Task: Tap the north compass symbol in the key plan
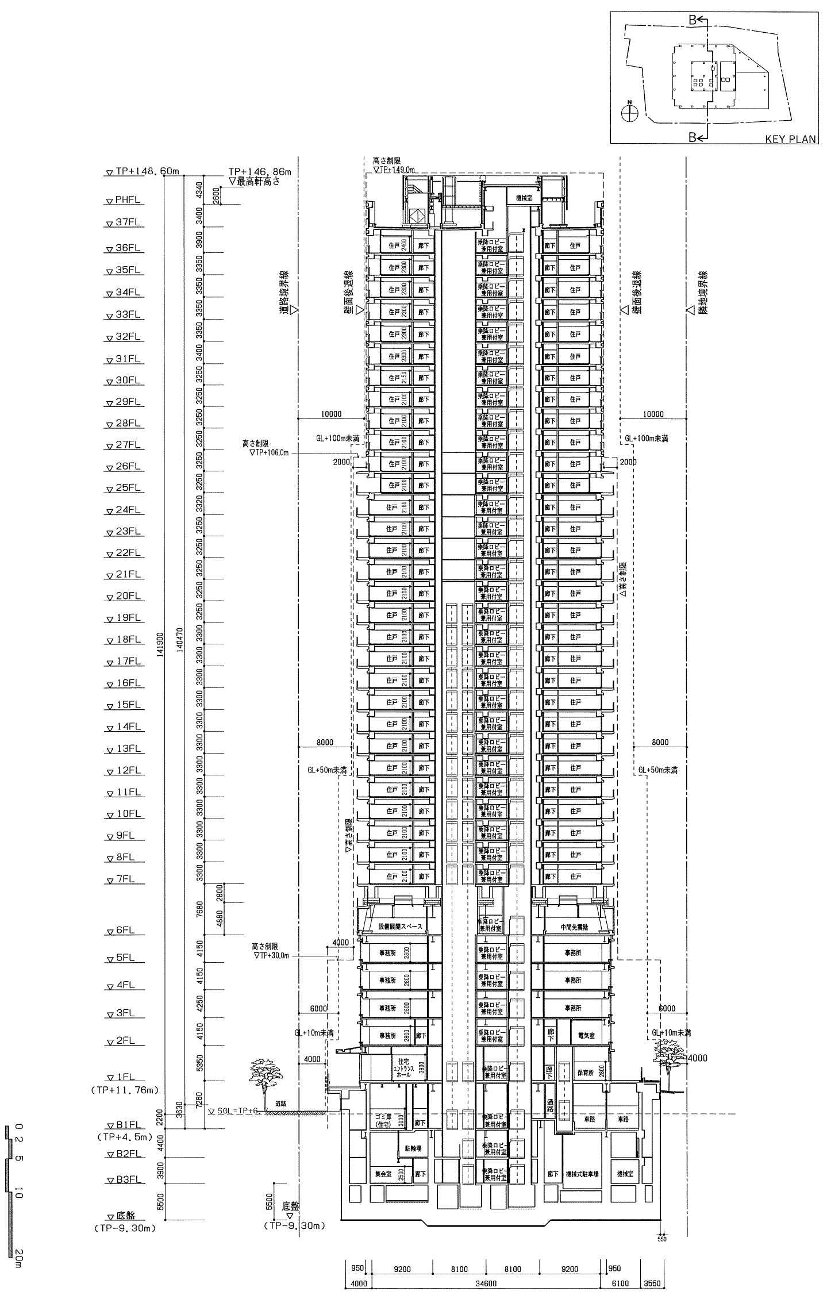(x=629, y=112)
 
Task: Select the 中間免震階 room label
(x=574, y=927)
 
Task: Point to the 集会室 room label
(x=383, y=1159)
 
